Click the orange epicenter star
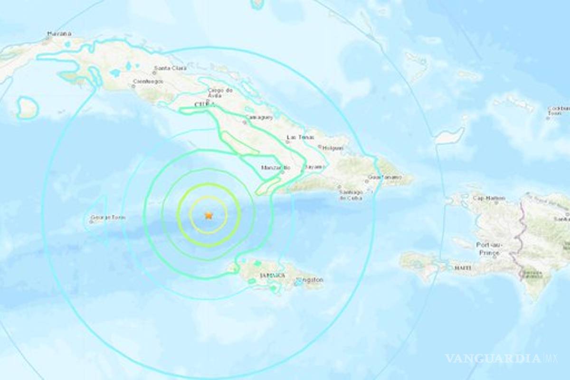[x=208, y=215]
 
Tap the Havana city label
[x=59, y=34]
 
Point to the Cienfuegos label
[x=148, y=81]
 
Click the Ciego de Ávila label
[x=220, y=93]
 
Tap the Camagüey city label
[x=256, y=116]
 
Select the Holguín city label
[x=332, y=148]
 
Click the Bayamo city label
[x=315, y=167]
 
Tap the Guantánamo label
[x=385, y=178]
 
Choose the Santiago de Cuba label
[x=350, y=195]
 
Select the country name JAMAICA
[x=273, y=275]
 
